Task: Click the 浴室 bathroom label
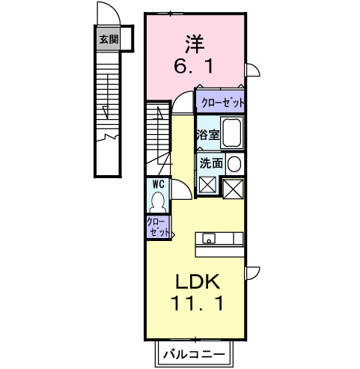pos(207,135)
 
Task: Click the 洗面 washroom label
pos(209,162)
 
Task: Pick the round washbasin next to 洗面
pos(234,163)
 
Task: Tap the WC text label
pos(159,183)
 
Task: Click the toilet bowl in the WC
pos(159,201)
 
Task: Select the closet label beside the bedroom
pos(222,101)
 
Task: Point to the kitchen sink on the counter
pos(209,239)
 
